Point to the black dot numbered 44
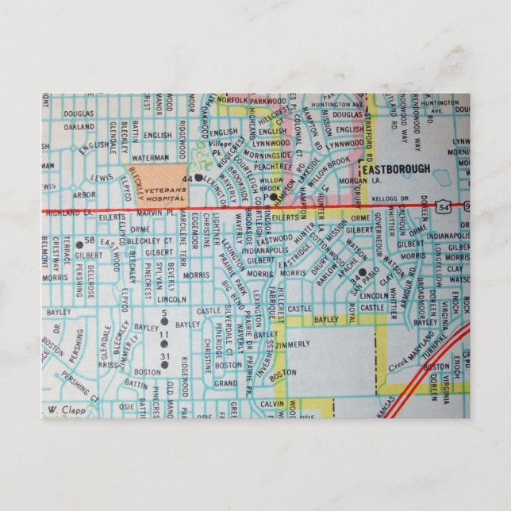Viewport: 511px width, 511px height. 198,178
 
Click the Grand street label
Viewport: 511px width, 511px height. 225,383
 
